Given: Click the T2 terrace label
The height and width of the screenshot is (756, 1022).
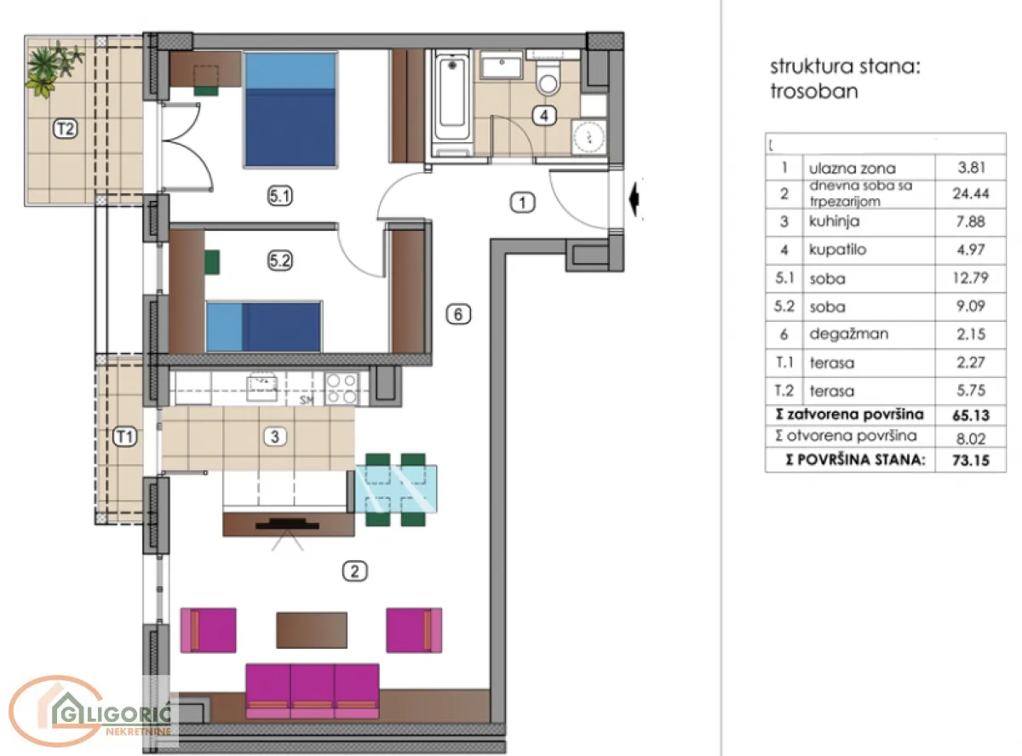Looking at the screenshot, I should (66, 129).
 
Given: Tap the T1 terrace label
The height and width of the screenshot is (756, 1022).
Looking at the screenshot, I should (125, 438).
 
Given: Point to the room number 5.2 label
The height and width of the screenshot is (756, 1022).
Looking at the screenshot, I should (280, 262).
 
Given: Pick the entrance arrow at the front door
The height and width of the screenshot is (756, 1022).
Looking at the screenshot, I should (634, 202).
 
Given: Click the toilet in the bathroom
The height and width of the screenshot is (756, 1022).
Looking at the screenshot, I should (548, 79).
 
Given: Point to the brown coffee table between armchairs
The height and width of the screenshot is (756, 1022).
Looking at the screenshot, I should (312, 630).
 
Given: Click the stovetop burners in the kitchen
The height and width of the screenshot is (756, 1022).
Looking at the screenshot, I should (342, 388).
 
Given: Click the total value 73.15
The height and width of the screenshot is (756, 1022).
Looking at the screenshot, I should (969, 461).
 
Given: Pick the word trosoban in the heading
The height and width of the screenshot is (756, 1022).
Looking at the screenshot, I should (813, 91).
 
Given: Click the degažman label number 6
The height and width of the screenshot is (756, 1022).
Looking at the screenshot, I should (457, 314).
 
